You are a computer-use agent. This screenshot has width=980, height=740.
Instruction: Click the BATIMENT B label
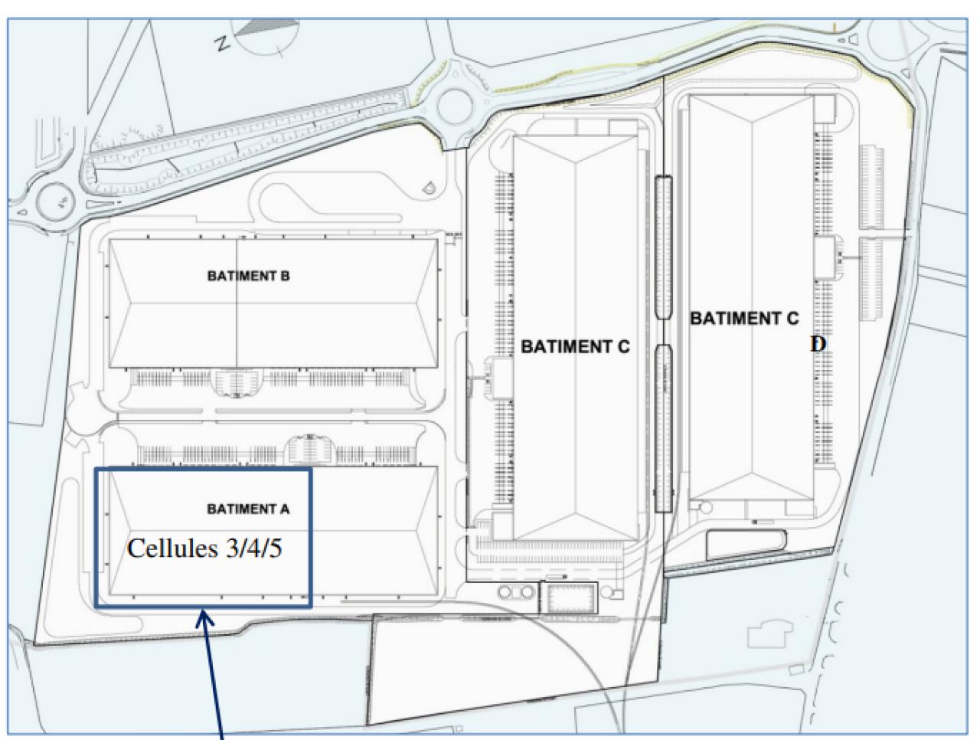coord(248,277)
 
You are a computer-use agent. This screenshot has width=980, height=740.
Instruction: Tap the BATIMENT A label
coord(248,509)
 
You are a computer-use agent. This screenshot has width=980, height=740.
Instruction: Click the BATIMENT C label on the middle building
coord(575,347)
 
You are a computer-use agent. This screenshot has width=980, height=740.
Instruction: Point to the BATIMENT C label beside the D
coord(744,318)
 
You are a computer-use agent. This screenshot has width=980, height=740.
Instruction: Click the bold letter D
coord(818,345)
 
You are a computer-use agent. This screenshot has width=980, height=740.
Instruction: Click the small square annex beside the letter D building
coord(825,257)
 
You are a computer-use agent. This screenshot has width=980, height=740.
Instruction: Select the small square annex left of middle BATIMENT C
coord(502,378)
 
